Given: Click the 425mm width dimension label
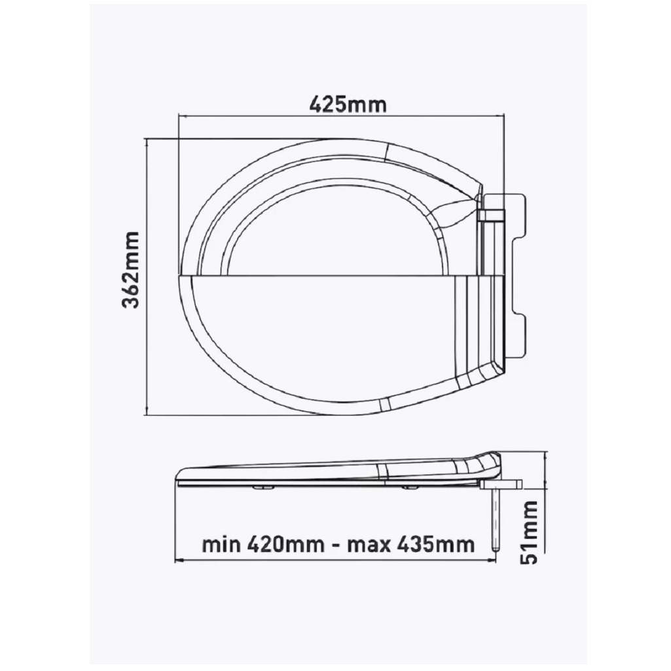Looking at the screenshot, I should click(348, 104).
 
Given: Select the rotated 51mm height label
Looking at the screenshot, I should click(531, 532).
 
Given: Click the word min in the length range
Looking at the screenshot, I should click(221, 545).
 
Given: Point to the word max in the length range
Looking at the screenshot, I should click(369, 545).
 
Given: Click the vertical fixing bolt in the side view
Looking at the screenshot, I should click(496, 520).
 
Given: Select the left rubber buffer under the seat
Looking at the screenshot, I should click(264, 487).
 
